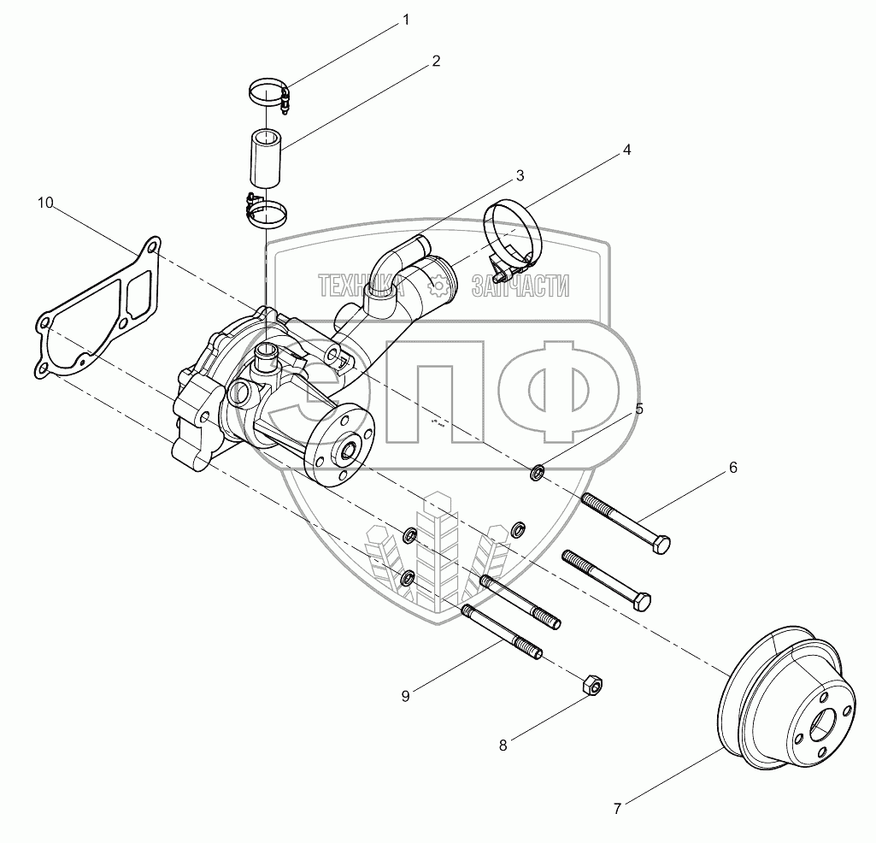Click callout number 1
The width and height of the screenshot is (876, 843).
[406, 21]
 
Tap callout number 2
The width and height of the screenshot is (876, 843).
[436, 61]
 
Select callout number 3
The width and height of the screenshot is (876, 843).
[520, 176]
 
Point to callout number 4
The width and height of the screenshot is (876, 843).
[626, 150]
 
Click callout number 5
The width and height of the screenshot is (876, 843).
[639, 410]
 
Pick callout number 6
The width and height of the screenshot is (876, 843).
[733, 468]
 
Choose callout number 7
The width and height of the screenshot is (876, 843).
[617, 808]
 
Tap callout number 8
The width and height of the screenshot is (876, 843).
[503, 746]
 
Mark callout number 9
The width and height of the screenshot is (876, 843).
[406, 696]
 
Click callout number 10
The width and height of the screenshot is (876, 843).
[45, 203]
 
